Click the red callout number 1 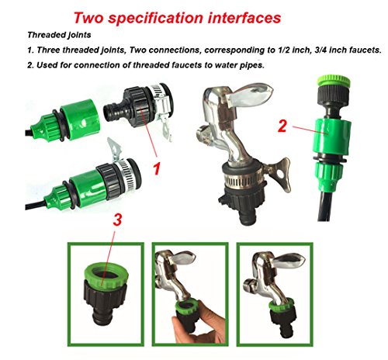157,168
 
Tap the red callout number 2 282,126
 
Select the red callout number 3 117,220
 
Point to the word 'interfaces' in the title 244,18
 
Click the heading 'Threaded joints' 59,35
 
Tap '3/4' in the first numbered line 320,50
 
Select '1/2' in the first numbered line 284,50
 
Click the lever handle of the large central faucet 250,94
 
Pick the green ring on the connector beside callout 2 334,81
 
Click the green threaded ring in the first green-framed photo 106,274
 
